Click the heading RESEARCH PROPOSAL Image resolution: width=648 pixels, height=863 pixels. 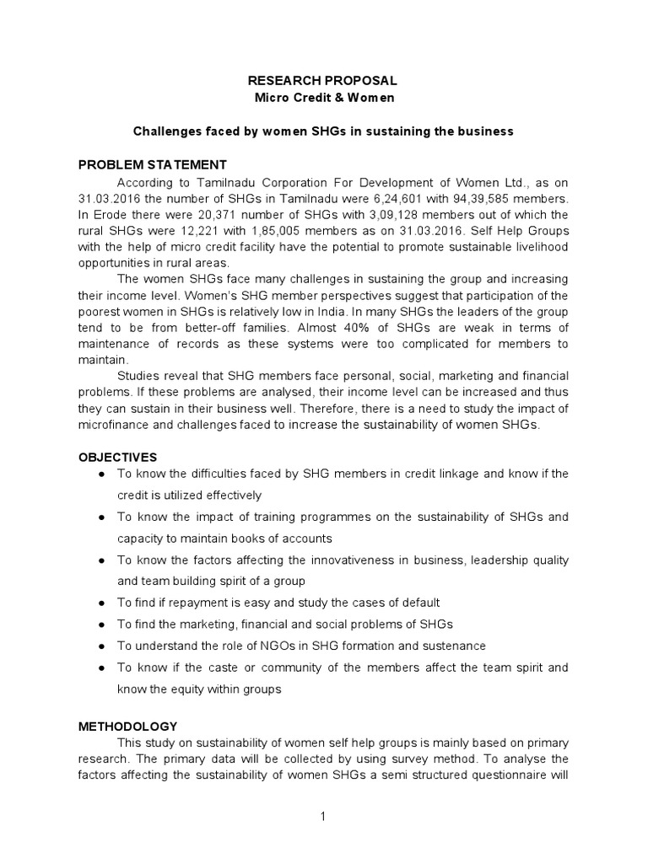320,81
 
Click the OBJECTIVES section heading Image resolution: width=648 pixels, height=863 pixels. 118,457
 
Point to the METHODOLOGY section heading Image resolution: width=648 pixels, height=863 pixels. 128,725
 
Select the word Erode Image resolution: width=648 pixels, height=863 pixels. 111,215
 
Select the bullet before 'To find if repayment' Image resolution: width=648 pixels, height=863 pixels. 101,603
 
